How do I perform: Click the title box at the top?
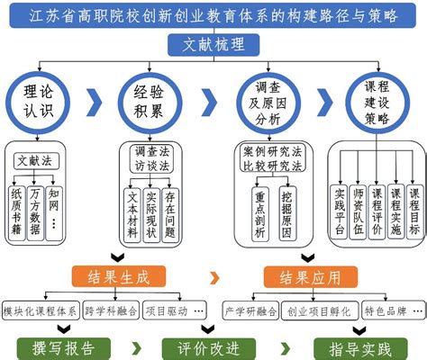coord(213,16)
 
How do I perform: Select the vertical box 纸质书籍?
coord(16,211)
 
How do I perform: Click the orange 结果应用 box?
coord(304,275)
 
